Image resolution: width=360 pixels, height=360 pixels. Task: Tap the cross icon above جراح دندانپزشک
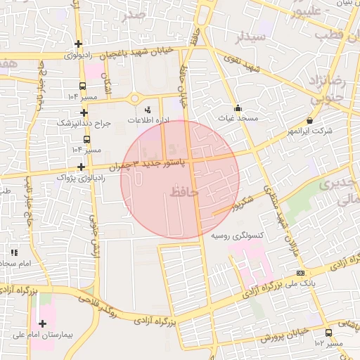84,112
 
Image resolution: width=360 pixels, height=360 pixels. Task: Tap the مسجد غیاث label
238,119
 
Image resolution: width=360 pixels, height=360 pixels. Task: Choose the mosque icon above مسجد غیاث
238,108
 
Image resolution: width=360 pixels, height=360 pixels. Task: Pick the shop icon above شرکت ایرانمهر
310,121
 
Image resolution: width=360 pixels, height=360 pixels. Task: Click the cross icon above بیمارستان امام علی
44,324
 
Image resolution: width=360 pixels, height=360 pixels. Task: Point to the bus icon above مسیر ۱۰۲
328,333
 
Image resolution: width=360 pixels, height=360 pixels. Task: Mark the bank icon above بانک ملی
301,273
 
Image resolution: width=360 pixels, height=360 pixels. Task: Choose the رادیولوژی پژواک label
79,178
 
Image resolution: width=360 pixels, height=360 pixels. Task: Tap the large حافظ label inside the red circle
184,191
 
